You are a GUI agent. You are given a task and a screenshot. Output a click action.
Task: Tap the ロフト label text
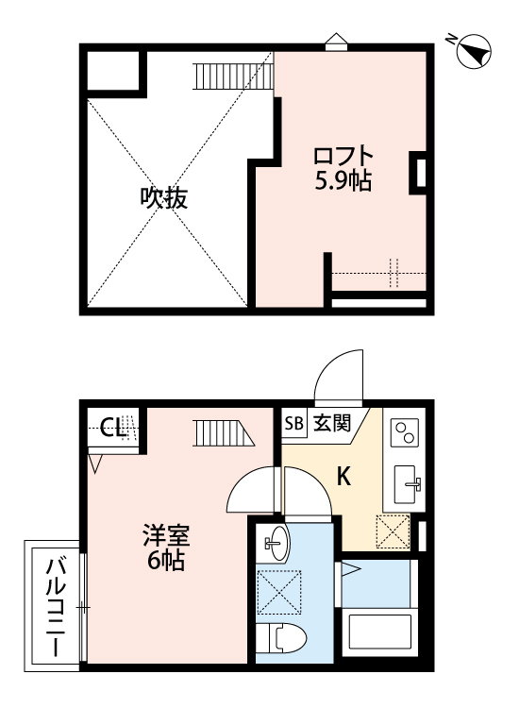[343, 156]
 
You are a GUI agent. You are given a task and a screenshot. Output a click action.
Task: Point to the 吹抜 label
[164, 198]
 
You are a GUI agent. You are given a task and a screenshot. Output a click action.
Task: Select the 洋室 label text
[166, 535]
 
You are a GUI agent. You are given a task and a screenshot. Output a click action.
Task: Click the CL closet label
[112, 427]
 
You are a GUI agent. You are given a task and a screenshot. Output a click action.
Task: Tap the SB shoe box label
[293, 424]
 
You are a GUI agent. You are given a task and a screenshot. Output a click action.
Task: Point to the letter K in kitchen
[344, 477]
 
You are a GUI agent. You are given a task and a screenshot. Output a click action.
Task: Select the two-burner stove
[405, 431]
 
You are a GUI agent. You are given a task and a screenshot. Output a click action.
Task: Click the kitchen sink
[408, 484]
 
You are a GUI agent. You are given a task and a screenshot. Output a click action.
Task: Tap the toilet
[280, 638]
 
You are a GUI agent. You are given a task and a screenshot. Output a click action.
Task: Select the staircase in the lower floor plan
[225, 432]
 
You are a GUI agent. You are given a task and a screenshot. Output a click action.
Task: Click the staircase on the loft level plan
[234, 76]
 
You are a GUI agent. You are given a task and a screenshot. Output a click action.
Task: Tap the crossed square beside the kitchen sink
[393, 531]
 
